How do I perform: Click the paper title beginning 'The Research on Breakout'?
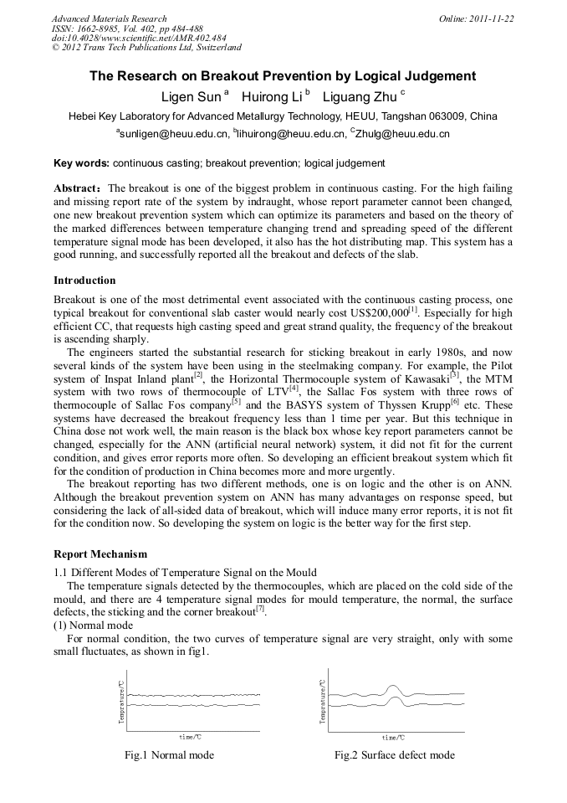283,76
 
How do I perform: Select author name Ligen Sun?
192,96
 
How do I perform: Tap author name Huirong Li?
273,96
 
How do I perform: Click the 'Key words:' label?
81,163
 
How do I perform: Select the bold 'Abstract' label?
78,188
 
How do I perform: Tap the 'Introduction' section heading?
84,281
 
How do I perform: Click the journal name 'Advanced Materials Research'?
109,18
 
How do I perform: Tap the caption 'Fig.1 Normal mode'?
169,755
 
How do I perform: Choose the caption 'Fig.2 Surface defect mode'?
395,755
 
